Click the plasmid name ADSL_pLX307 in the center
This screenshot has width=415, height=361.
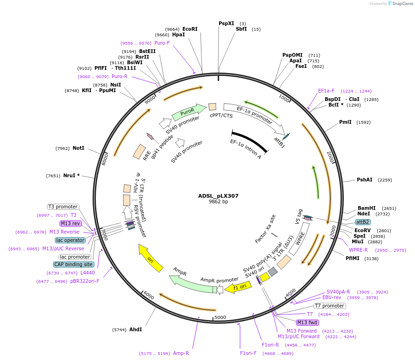pos(218,196)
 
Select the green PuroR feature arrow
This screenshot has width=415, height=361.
pos(189,112)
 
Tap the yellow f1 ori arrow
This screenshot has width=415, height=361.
pos(236,288)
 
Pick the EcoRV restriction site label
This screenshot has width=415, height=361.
pos(363,230)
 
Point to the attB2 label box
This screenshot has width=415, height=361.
pos(363,222)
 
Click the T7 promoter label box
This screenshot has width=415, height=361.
pos(330,306)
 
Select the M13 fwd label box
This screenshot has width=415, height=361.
pos(308,322)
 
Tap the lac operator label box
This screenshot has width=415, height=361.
pos(70,240)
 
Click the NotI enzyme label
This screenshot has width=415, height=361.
pos(78,148)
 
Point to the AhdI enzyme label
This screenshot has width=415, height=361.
pos(135,329)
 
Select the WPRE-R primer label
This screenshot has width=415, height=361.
pos(358,250)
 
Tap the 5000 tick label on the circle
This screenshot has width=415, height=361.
pos(220,317)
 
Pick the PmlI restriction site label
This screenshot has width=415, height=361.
pos(345,122)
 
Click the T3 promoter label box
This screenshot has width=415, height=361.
pos(63,207)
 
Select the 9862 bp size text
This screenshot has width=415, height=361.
pos(218,202)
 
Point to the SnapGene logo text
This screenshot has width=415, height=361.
pos(401,3)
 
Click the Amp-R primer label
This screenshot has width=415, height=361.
pos(181,353)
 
